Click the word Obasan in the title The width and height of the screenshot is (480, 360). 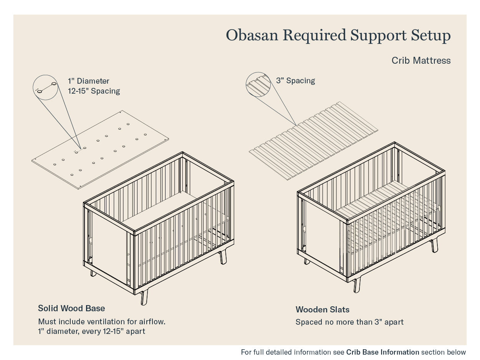(x=252, y=35)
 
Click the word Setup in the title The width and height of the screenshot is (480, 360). (x=431, y=36)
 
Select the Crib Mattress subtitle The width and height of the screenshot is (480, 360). (x=421, y=60)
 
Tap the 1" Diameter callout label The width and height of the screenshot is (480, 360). (x=88, y=81)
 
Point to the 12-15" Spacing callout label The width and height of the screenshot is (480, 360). (x=94, y=91)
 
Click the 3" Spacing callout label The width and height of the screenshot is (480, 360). (x=295, y=81)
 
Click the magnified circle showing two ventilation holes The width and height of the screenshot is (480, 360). (x=46, y=87)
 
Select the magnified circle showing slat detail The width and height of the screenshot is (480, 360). (x=258, y=84)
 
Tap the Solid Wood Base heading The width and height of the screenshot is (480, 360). (x=71, y=308)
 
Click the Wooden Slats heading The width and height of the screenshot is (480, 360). (x=322, y=309)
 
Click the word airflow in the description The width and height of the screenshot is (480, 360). (x=154, y=321)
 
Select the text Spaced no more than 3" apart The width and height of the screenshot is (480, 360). (x=349, y=322)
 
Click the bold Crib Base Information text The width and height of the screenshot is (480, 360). (x=382, y=352)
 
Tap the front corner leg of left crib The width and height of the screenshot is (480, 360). (x=144, y=297)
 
